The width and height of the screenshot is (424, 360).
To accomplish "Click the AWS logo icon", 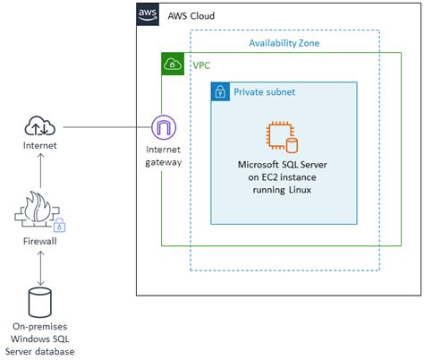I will (x=148, y=15).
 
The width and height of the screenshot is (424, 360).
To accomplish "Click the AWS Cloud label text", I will (x=191, y=16).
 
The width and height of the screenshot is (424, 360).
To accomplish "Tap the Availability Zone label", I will (x=284, y=42).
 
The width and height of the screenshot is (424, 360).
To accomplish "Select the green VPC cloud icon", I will (x=172, y=64).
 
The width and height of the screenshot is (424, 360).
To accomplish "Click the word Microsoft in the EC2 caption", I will (x=260, y=166).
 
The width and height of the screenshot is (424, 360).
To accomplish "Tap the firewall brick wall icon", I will (x=39, y=211).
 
